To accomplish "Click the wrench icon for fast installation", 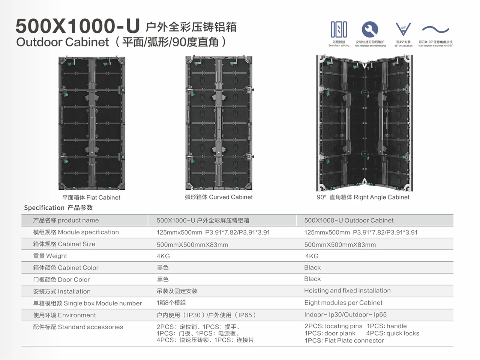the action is [370, 30].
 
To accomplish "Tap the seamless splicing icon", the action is [339, 30].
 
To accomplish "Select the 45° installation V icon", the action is [403, 30].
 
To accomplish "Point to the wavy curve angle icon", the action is [435, 29].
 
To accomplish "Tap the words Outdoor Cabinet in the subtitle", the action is [63, 42].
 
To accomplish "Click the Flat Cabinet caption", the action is [91, 198].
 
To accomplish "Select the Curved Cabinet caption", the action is [219, 197].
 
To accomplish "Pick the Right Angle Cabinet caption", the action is [363, 197].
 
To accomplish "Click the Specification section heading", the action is [58, 208].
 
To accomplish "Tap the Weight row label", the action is [50, 256].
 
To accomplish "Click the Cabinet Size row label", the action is [64, 244].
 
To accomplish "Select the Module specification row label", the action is [76, 232].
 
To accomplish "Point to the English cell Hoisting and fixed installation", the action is [347, 291].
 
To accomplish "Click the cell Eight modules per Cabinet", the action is [343, 303].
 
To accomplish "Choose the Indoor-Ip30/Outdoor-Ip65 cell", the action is [345, 315].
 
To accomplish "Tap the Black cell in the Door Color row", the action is [312, 279].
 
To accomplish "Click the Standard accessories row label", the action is [78, 327].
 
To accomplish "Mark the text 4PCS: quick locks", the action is [393, 333].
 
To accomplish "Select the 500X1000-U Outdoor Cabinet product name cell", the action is [349, 220].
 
